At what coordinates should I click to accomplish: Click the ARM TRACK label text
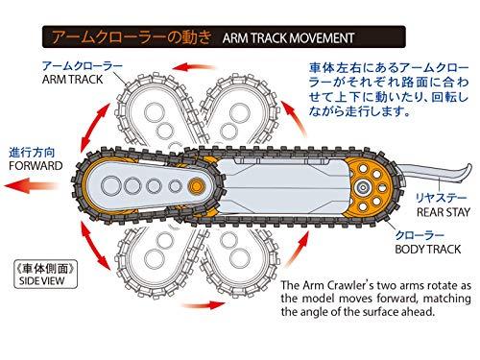(72, 80)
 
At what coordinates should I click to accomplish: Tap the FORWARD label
(36, 166)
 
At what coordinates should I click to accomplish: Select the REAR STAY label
(444, 212)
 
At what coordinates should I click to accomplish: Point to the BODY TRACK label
(428, 250)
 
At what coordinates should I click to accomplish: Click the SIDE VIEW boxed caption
(45, 275)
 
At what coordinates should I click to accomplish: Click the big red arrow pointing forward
(31, 185)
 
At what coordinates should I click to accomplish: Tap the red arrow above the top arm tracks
(193, 67)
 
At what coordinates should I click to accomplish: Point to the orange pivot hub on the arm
(196, 185)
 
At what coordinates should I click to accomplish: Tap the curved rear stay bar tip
(468, 167)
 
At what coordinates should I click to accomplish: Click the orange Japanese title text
(132, 37)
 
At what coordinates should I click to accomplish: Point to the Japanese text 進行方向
(32, 153)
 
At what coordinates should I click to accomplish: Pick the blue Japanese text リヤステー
(441, 198)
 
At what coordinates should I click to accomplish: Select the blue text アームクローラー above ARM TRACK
(83, 66)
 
